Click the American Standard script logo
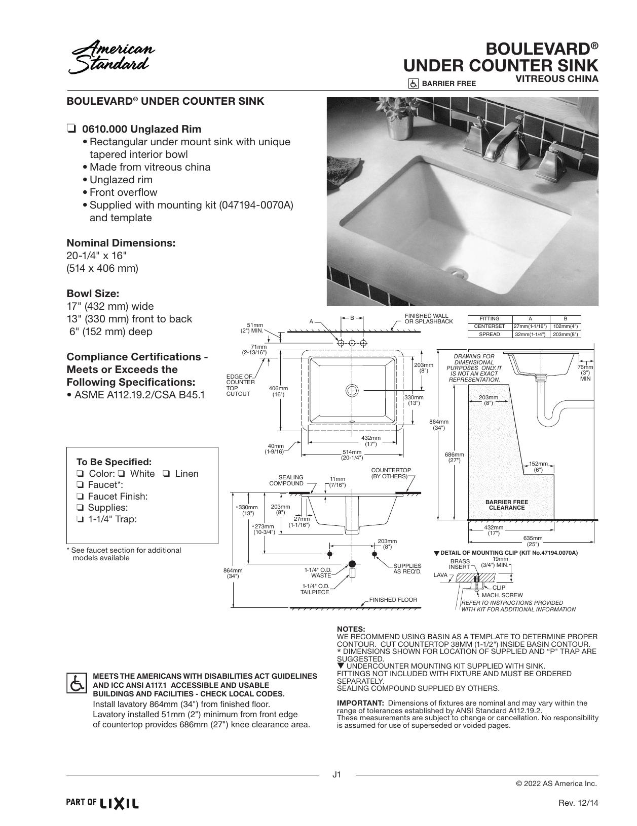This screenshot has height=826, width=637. pos(111,57)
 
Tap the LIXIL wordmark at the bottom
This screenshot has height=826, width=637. pos(119,804)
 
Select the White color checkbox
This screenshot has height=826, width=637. pos(122,474)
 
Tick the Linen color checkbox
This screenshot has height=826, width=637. pos(166,474)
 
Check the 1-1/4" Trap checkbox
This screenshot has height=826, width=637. pos(80,519)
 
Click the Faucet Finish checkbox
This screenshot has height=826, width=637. pos(80,497)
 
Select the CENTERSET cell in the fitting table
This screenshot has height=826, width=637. pos(490,326)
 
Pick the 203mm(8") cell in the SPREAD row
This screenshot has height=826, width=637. pos(566,335)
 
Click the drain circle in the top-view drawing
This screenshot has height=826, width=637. pos(352,390)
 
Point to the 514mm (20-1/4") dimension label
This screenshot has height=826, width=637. pos(352,455)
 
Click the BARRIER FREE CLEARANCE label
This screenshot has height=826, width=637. pos(506,505)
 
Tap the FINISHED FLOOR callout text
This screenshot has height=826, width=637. pos(393,600)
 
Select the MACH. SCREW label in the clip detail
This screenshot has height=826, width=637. pos(502,595)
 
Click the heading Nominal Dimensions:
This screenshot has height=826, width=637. pos(121,243)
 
